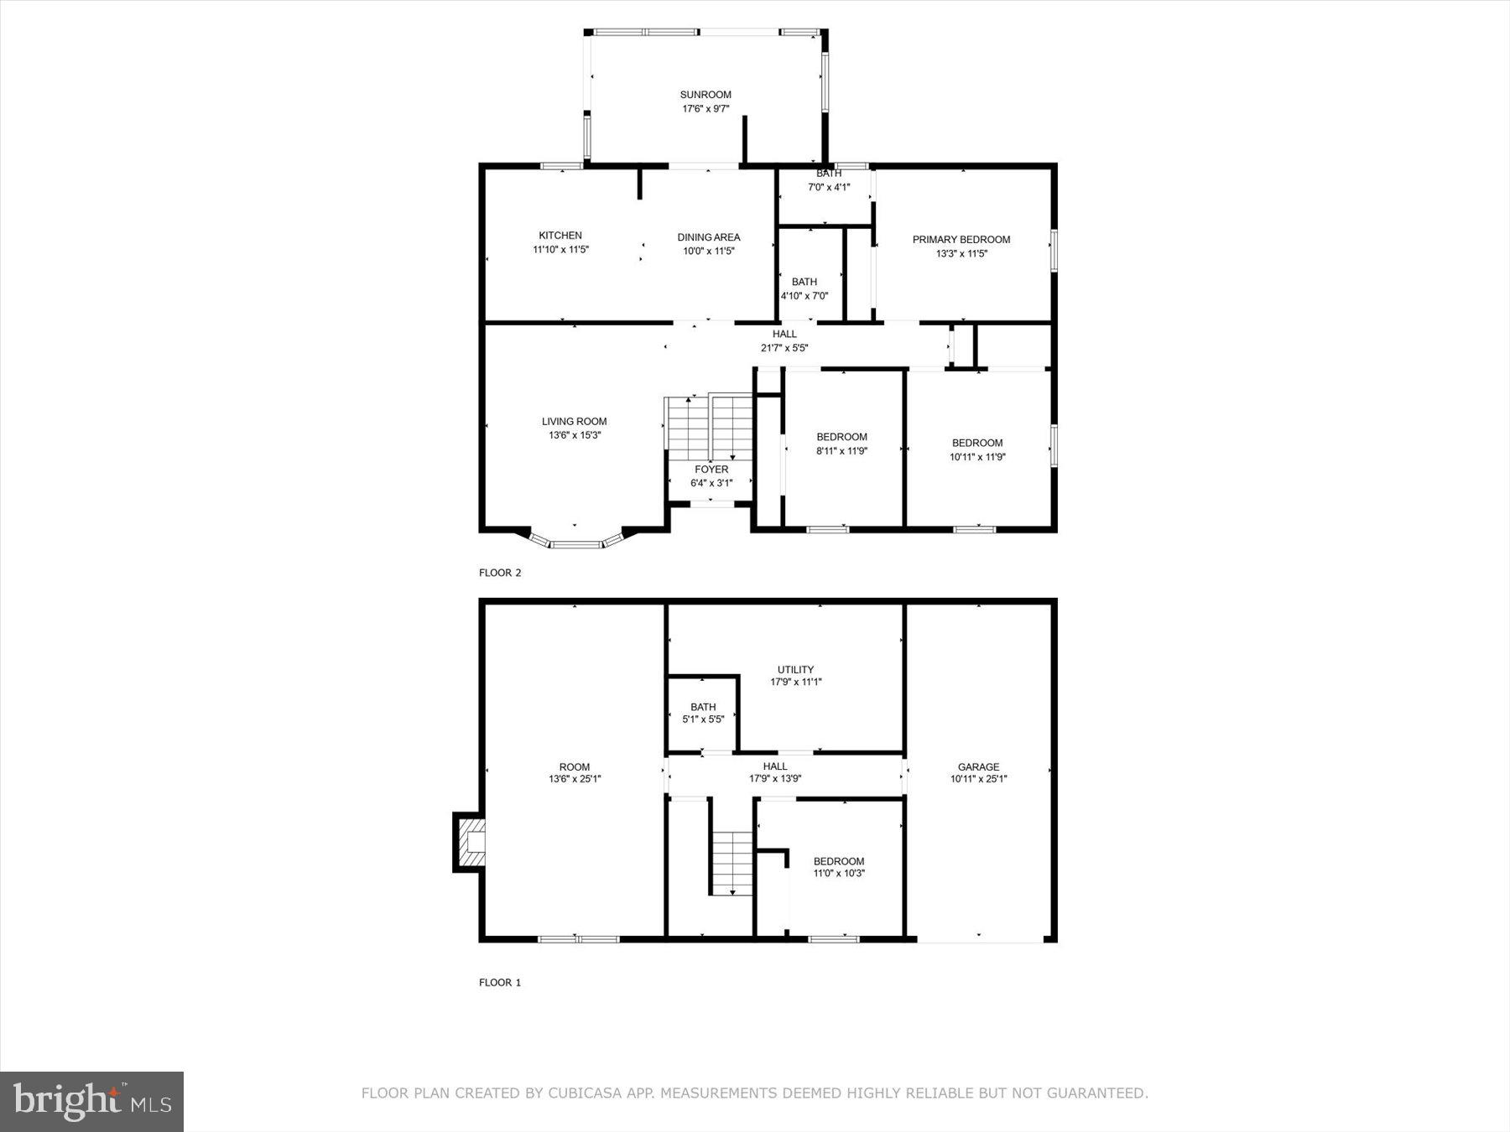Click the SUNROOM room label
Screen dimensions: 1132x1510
click(x=706, y=95)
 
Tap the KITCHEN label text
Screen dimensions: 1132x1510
click(x=560, y=236)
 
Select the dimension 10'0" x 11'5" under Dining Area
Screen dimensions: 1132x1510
click(x=709, y=251)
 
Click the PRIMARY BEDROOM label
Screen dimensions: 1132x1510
click(x=961, y=240)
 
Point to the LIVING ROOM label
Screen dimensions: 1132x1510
click(x=575, y=422)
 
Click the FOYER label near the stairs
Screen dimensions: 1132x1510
click(x=711, y=470)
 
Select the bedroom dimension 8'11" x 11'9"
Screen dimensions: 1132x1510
click(x=841, y=451)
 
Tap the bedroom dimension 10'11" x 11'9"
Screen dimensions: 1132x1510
click(x=977, y=457)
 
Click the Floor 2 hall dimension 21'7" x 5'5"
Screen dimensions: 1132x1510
click(x=784, y=348)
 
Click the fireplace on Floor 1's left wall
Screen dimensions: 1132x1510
click(x=471, y=842)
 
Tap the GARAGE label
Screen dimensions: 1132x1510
click(x=978, y=766)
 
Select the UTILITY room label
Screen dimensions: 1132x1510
click(x=795, y=669)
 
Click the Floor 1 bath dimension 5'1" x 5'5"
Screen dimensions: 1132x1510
click(x=703, y=719)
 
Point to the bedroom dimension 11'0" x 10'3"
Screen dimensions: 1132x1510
click(x=839, y=874)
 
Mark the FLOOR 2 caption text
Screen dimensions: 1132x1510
click(x=500, y=573)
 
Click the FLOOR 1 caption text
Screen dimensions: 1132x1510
click(x=500, y=982)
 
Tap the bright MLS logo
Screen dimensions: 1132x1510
click(x=91, y=1101)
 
